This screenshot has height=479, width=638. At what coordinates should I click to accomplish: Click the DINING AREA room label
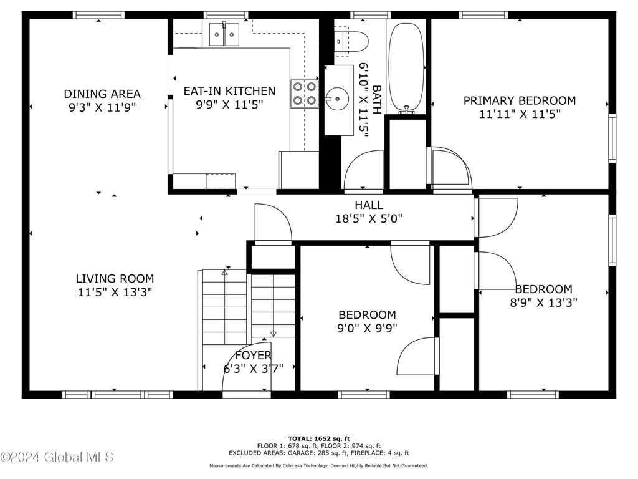102,94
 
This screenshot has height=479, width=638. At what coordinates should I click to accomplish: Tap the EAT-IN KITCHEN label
229,91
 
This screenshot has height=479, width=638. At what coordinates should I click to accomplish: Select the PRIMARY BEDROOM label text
520,100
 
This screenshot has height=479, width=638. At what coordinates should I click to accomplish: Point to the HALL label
369,205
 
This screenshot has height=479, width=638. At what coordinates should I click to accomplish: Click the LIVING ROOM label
115,279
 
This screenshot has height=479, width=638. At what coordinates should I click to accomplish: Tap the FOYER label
253,355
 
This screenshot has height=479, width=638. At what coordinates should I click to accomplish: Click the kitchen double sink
224,35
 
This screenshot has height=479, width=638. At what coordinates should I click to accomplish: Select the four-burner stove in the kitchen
304,94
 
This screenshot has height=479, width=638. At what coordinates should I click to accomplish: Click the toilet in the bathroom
351,41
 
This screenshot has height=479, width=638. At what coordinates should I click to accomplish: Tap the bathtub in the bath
406,67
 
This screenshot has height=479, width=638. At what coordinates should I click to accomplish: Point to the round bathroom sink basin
337,99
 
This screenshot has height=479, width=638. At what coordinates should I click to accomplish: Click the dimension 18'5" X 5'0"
369,219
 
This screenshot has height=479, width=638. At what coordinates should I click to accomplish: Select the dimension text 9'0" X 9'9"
367,328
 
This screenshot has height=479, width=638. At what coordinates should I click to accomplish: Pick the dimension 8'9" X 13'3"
543,302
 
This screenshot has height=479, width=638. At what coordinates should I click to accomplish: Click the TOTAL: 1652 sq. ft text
319,438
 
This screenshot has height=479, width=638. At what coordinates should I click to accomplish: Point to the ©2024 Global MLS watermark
57,457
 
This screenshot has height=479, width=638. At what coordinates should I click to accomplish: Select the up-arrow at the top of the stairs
224,273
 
